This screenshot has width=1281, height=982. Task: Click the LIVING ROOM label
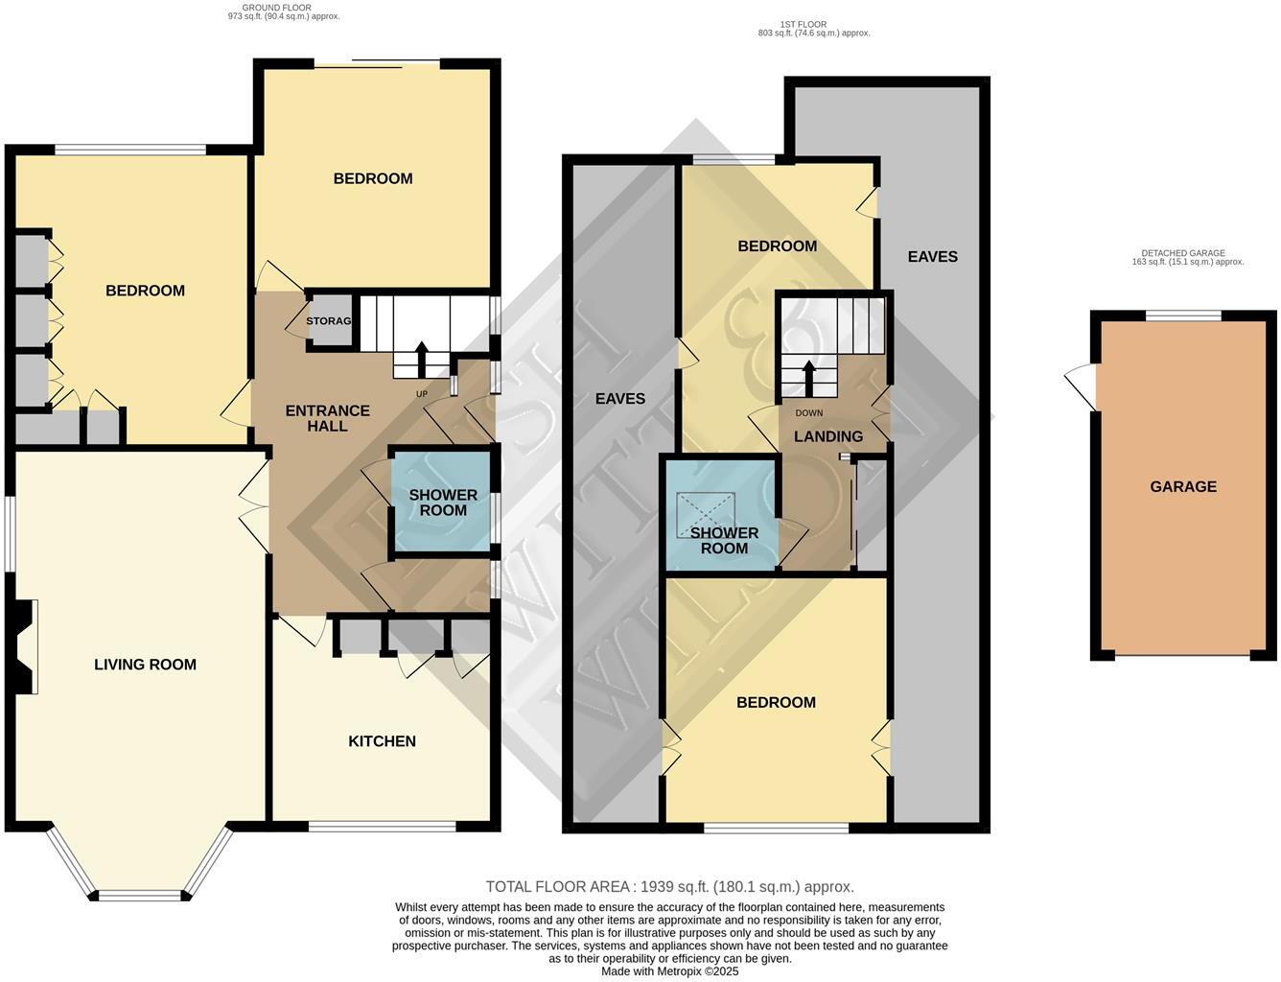point(145,665)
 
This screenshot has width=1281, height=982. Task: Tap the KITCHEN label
point(382,741)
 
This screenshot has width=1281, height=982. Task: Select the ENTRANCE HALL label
point(327,418)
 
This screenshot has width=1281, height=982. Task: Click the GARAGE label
point(1183,487)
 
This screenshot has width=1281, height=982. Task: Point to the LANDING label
point(828,436)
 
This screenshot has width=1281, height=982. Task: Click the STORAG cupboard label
point(329,321)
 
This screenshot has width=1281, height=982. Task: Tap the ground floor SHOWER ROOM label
point(443,503)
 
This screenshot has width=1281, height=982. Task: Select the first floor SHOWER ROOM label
point(724,541)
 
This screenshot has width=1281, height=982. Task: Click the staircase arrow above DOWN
point(808,378)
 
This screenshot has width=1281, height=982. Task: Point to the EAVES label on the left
point(620,399)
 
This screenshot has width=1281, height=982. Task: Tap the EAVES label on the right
point(932,257)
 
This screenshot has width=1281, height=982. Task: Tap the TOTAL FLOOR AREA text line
point(669,887)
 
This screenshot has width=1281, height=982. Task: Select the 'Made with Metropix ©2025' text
point(669,971)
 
